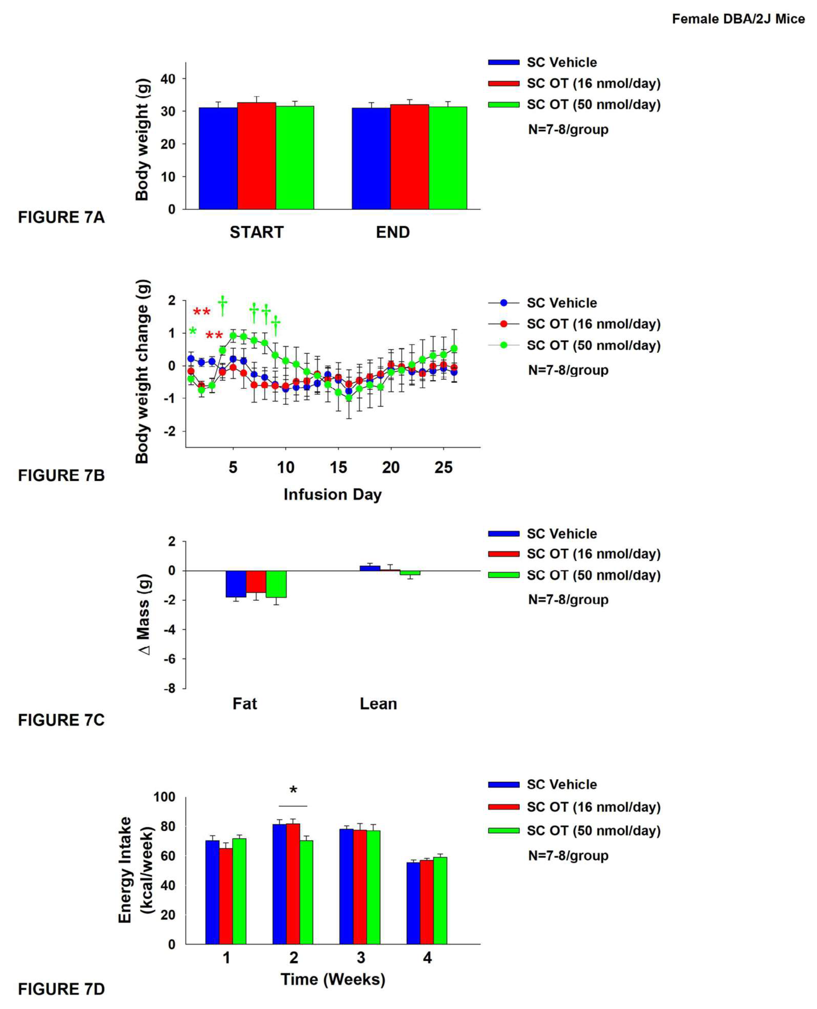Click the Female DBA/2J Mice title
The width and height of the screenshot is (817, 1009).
coord(738,19)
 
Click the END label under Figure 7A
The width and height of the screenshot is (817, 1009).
coord(392,232)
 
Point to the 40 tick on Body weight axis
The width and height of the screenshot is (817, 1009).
coord(168,79)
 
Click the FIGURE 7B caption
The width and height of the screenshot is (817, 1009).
coord(61,475)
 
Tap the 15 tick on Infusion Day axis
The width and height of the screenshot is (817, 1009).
coord(338,467)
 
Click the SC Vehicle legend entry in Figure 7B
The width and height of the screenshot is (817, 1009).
coord(561,303)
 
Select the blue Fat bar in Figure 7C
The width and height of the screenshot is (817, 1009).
coord(236,584)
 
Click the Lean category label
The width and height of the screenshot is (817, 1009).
coord(378,704)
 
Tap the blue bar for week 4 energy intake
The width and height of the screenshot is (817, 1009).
coord(413,904)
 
